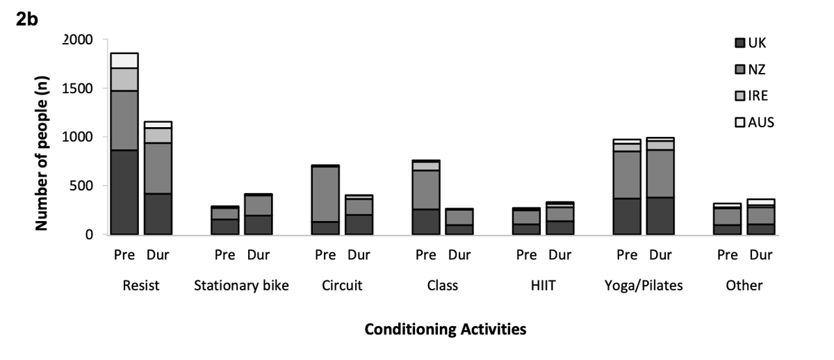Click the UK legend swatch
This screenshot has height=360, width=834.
[x=740, y=43]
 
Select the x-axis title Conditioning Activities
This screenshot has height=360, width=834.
[x=445, y=329]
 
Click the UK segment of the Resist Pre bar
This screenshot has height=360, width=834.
[x=124, y=192]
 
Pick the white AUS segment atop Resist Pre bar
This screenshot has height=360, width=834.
[x=124, y=60]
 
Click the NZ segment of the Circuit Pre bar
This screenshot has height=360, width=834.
[x=325, y=194]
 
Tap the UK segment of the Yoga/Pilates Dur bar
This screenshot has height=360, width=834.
[x=660, y=215]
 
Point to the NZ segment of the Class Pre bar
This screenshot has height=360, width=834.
[x=426, y=190]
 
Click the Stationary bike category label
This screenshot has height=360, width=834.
[x=241, y=286]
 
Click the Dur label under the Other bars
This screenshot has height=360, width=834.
[x=760, y=255]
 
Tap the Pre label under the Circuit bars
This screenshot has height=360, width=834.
[x=325, y=255]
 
